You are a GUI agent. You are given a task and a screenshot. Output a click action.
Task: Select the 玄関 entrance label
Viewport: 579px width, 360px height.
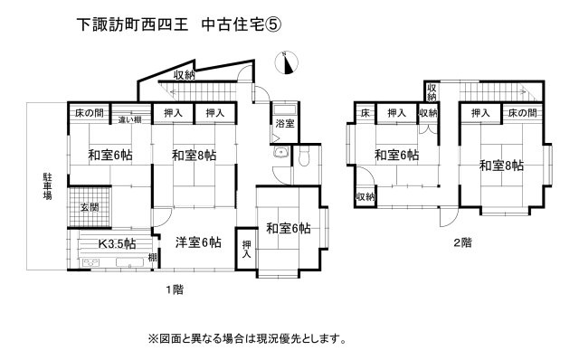point(88,207)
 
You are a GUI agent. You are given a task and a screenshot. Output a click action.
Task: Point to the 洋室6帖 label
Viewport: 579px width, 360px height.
point(197,242)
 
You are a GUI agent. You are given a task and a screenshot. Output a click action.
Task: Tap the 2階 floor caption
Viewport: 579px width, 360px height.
point(462,242)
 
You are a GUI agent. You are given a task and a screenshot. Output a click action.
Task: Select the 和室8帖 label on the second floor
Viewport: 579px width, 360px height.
point(501,166)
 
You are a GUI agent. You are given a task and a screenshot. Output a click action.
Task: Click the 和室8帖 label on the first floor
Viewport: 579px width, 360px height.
point(194,156)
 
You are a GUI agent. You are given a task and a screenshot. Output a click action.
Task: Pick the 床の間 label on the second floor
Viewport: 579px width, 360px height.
point(522,113)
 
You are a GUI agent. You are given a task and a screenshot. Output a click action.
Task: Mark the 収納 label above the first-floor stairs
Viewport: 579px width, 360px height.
point(185,75)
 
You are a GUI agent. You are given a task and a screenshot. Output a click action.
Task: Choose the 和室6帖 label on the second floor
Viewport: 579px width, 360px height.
point(396,156)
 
